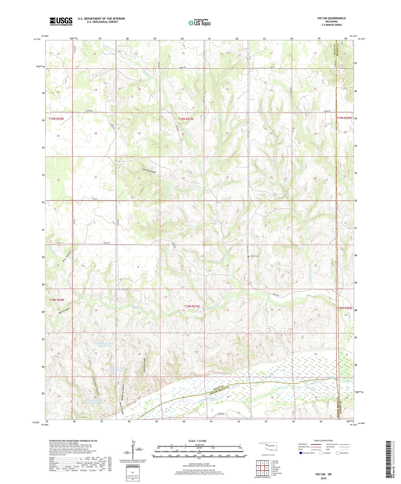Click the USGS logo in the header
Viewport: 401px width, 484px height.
[x=61, y=21]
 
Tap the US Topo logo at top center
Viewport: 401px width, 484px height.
[x=199, y=23]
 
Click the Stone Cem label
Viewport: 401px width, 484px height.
[x=255, y=256]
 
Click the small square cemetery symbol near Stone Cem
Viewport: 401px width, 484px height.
[x=248, y=257]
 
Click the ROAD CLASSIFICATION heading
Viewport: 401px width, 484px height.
[x=323, y=440]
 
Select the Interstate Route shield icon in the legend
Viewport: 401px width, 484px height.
[x=301, y=453]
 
